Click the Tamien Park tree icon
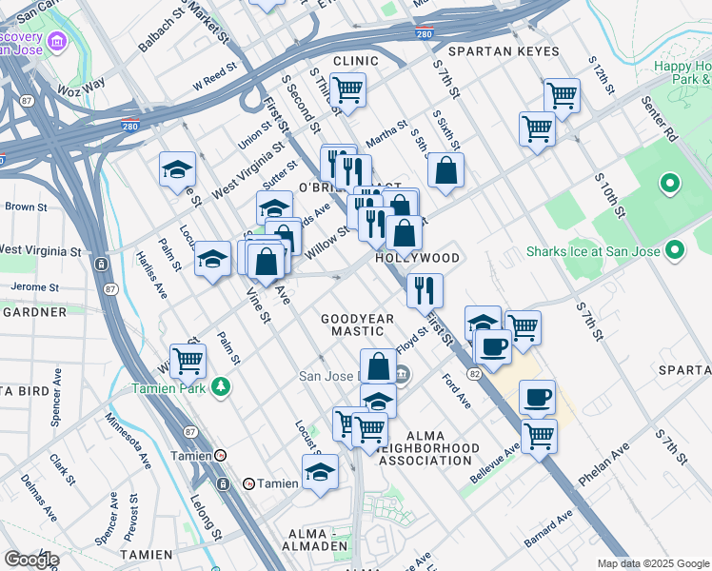221,386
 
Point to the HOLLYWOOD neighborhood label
417,258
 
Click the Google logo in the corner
31,560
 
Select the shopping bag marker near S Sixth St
445,171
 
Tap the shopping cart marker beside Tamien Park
188,360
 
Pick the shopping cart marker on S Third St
348,90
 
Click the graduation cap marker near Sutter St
274,207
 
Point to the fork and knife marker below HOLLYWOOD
425,289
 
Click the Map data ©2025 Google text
652,563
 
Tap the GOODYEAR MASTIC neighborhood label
357,325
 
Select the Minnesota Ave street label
129,440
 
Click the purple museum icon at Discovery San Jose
57,42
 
